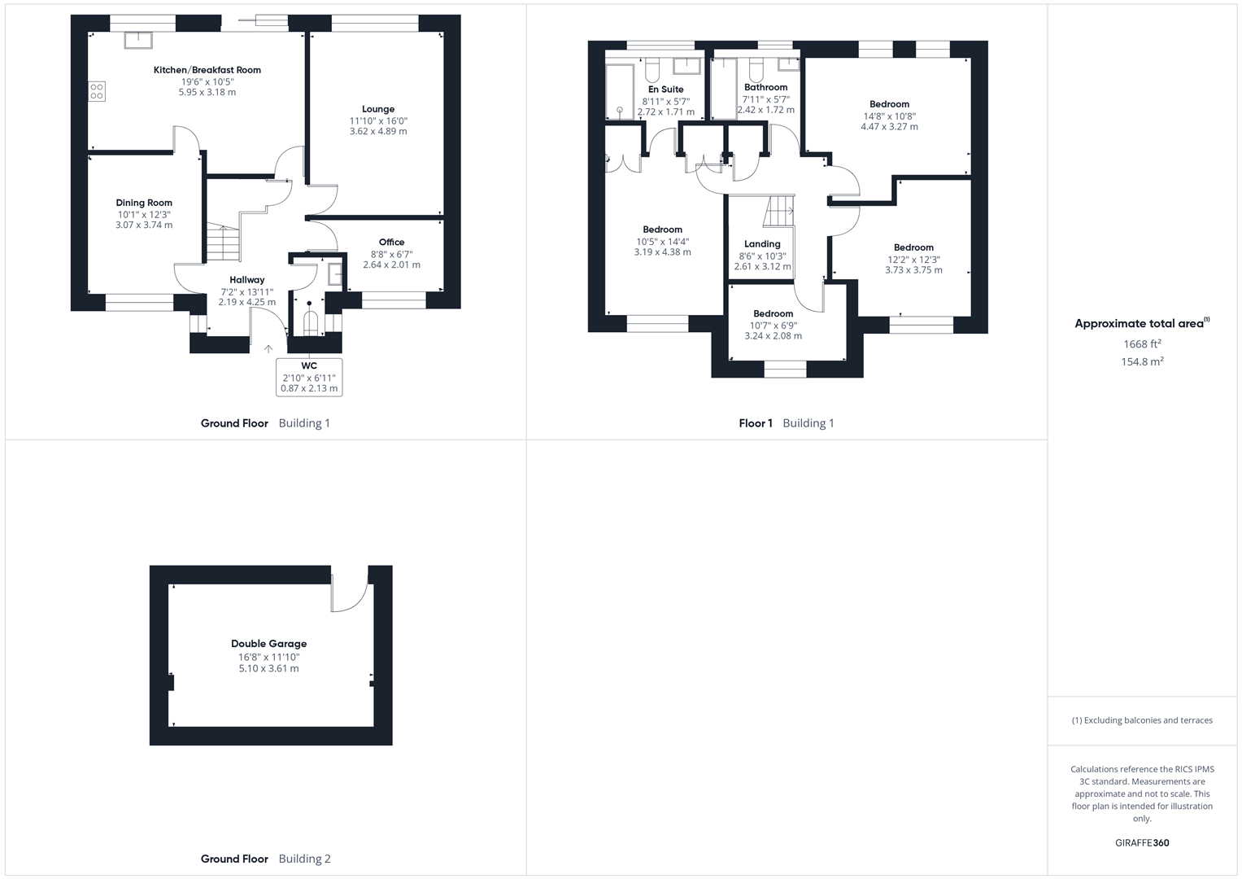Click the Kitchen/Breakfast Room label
[x=207, y=70]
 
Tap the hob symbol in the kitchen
[x=97, y=91]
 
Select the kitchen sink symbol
[x=137, y=40]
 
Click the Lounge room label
[x=378, y=109]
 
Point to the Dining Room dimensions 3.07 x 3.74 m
[x=144, y=225]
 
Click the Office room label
[x=391, y=243]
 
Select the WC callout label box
[x=309, y=378]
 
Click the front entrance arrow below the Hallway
[x=268, y=349]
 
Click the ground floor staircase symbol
[x=222, y=243]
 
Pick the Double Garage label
[x=268, y=644]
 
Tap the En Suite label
[x=665, y=90]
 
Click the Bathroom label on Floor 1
[x=765, y=88]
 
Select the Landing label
[x=762, y=244]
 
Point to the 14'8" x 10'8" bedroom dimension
[x=889, y=116]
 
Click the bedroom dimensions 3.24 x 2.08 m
[x=773, y=336]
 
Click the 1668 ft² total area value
[x=1142, y=344]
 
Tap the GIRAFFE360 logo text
[x=1142, y=843]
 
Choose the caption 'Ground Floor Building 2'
[x=266, y=859]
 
